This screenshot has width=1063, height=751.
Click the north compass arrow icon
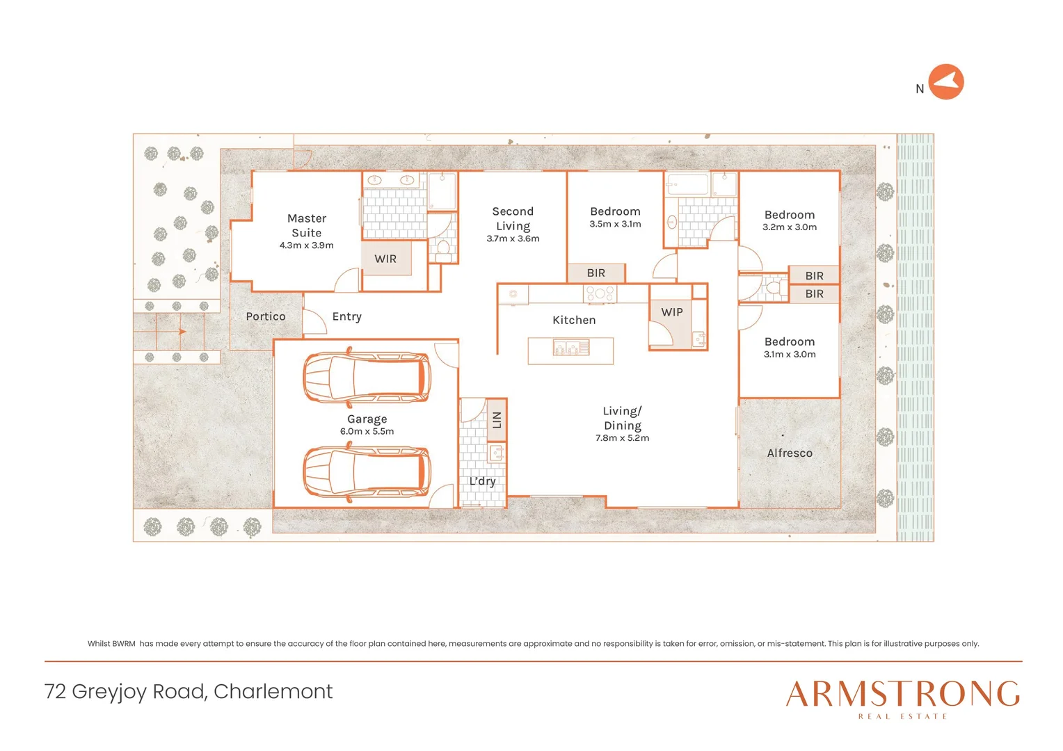coord(945,82)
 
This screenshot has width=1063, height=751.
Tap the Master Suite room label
coord(306,225)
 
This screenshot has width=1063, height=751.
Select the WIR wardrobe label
coord(385,259)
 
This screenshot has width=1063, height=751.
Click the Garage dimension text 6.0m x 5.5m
coord(367,431)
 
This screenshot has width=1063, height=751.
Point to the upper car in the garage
coord(367,378)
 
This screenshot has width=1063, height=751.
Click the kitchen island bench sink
coord(571,348)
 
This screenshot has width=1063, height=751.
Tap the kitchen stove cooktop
coord(600,293)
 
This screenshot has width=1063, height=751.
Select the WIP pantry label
coord(672,312)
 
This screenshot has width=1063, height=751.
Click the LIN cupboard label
coord(497,420)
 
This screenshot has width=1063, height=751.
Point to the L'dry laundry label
coord(482,481)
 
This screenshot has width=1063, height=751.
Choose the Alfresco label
coord(790,453)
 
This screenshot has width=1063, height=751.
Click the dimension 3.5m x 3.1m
coord(615,224)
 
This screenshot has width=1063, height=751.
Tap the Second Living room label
coord(513,218)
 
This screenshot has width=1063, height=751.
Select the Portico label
coord(266,316)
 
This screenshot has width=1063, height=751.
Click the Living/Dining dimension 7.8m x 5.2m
coord(622,438)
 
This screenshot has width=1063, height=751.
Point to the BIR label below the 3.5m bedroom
coord(596,273)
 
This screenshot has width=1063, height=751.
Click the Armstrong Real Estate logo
coord(902,698)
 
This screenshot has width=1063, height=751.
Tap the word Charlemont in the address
coord(273,691)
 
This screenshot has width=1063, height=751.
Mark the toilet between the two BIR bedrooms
coord(772,286)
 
